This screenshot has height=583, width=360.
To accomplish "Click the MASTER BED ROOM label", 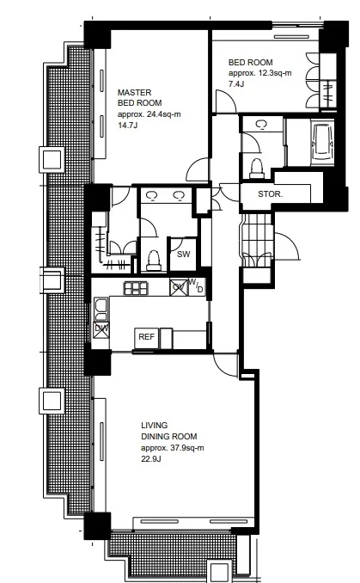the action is [140, 97].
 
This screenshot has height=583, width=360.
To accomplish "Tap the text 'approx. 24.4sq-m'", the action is [149, 114].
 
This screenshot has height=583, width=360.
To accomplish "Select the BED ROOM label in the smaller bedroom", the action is [250, 62].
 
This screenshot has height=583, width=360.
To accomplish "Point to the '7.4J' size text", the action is [236, 83].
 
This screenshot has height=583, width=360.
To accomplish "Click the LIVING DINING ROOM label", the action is [168, 431].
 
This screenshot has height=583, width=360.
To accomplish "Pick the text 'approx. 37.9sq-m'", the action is [173, 448].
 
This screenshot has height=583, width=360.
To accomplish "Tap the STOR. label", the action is [270, 193].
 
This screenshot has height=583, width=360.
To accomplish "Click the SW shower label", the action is [184, 254].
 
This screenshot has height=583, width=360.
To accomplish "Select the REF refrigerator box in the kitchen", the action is [146, 338].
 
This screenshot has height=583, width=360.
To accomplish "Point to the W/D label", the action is [197, 285].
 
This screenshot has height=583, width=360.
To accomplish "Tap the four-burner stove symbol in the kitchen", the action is [136, 288].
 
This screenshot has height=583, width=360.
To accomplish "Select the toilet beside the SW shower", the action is [154, 260].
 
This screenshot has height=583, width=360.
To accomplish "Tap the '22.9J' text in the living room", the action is [151, 458].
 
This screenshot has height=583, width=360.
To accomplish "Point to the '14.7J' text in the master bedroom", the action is [128, 126].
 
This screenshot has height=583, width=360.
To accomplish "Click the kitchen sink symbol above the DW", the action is [101, 310].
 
